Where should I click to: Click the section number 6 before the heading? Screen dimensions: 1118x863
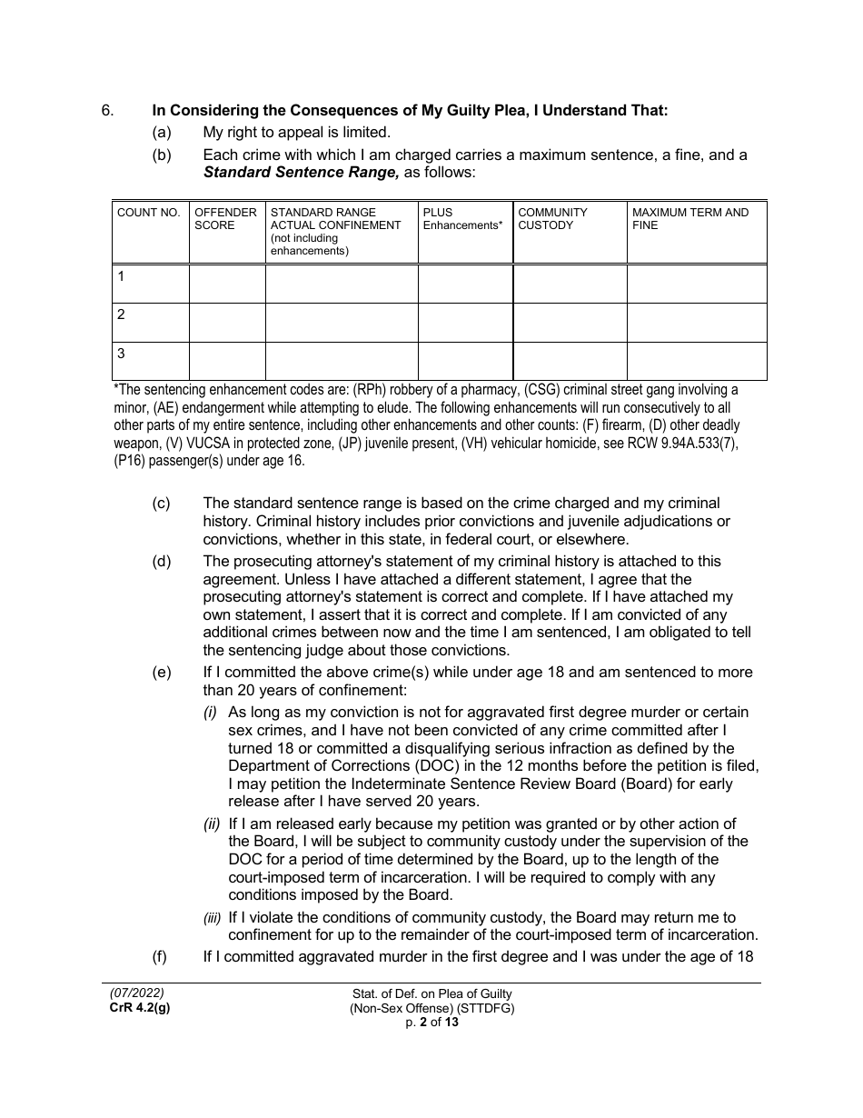click(107, 111)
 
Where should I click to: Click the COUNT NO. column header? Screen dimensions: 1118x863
click(149, 213)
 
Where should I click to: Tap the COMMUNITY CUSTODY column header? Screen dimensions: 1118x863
click(552, 219)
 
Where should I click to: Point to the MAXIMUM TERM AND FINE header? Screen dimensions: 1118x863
click(690, 219)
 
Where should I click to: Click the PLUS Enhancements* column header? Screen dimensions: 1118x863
click(462, 219)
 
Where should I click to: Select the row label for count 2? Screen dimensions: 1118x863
click(122, 315)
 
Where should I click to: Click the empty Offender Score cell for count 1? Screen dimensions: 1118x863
click(227, 284)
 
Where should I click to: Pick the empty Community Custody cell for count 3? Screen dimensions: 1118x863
click(570, 361)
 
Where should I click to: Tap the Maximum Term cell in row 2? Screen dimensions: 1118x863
click(697, 323)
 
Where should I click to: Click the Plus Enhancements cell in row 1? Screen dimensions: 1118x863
click(465, 284)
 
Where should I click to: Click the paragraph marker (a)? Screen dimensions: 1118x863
click(161, 133)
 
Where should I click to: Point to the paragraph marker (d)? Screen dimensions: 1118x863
click(161, 562)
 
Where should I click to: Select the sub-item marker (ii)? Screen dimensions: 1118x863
click(211, 824)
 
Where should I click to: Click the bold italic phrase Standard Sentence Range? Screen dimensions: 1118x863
click(301, 172)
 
